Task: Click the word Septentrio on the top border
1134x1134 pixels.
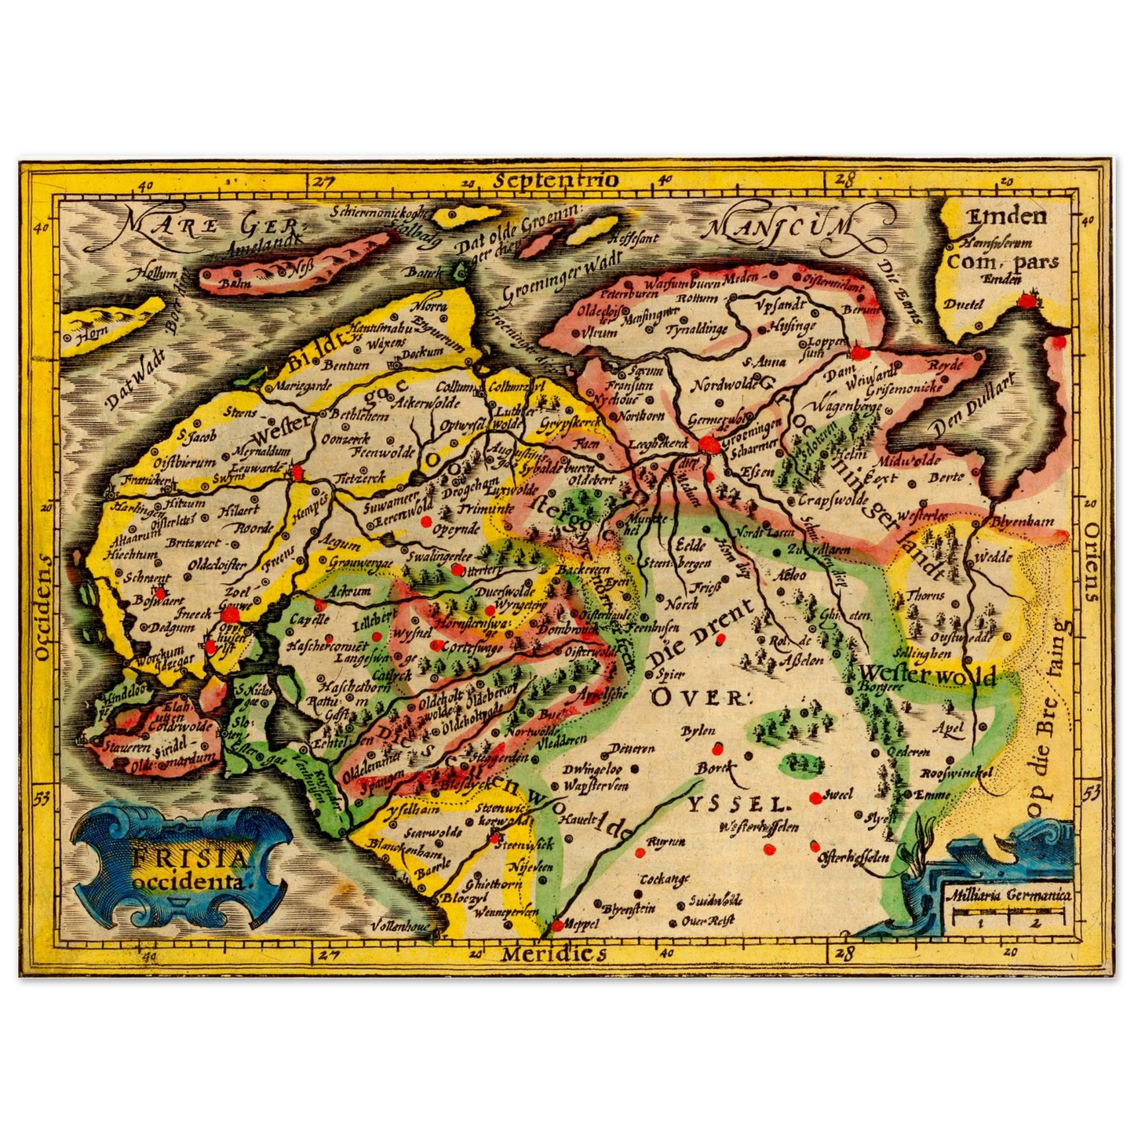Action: [556, 180]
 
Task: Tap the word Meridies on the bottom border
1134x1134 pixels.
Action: [553, 954]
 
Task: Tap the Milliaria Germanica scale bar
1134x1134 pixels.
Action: [1008, 913]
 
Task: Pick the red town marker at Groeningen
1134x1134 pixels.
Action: [710, 445]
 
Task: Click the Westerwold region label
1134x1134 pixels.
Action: [926, 674]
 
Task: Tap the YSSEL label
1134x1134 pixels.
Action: [738, 804]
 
